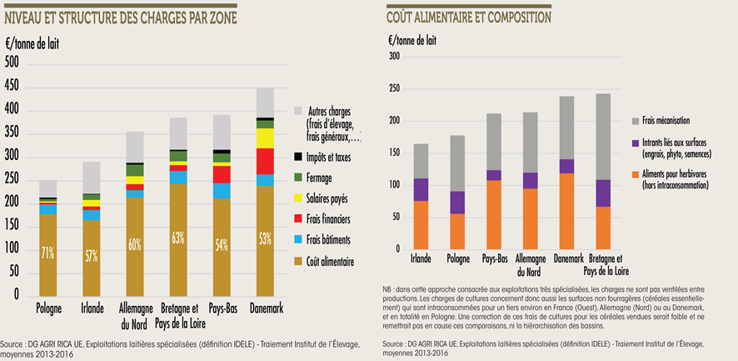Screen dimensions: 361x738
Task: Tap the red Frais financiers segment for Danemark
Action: (x=265, y=161)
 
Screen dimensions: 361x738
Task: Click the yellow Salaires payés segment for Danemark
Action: (x=265, y=138)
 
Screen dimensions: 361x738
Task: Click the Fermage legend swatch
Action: (x=299, y=175)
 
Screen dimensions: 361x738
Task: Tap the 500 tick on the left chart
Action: (x=12, y=62)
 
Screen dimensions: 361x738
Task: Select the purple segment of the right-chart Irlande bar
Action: (x=421, y=189)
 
